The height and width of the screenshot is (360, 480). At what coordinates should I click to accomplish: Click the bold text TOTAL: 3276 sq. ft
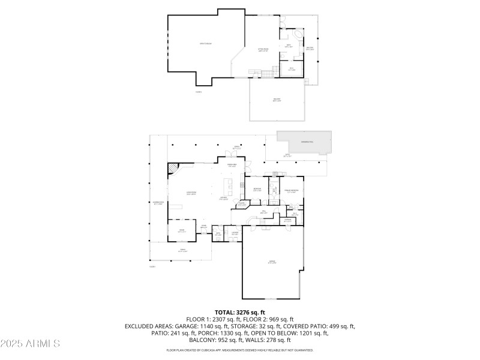pos(239,313)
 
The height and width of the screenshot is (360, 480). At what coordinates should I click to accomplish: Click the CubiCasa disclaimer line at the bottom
pos(239,350)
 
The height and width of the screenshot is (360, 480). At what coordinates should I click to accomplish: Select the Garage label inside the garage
pos(272,262)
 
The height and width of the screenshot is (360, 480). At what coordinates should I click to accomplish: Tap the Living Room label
pos(191,193)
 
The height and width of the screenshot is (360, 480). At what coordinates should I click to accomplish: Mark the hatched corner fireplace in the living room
pos(173,167)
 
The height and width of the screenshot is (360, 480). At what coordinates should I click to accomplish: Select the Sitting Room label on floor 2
pos(263,50)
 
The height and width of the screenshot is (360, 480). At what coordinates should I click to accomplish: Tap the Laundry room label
pos(235,233)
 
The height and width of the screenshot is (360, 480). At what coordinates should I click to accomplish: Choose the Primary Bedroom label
pos(292,191)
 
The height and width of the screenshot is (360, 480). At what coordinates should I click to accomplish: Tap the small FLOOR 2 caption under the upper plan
pos(199,92)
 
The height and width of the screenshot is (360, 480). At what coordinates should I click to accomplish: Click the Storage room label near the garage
pos(287,220)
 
